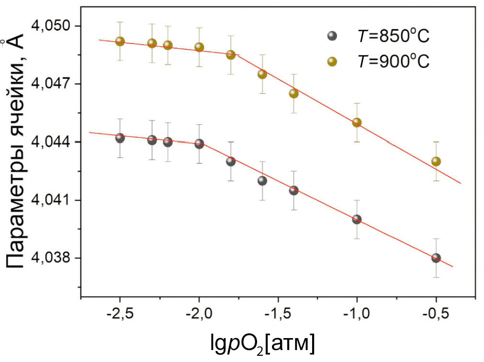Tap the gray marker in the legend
coord(331,36)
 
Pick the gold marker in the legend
coord(331,62)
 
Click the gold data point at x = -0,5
coord(436,162)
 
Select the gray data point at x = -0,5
coord(436,258)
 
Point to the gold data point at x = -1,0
coord(357,122)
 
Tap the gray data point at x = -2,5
coord(120,138)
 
